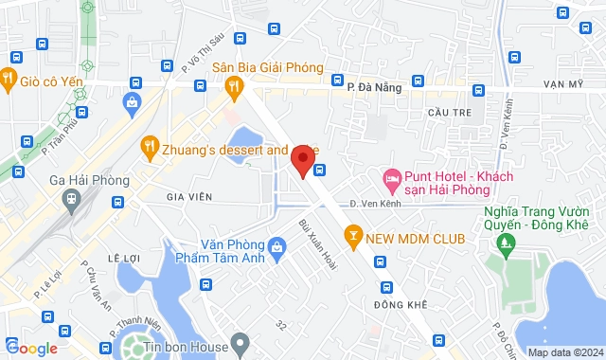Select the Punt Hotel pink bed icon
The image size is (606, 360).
pyautogui.click(x=390, y=177)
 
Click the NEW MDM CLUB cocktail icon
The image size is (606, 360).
pyautogui.click(x=352, y=236)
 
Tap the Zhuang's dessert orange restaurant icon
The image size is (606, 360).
pyautogui.click(x=149, y=146)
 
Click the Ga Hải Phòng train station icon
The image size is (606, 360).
pyautogui.click(x=70, y=198)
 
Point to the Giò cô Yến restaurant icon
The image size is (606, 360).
pyautogui.click(x=8, y=80)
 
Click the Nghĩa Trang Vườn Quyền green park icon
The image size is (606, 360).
pyautogui.click(x=503, y=244)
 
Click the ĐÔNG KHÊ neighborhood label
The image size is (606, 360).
pyautogui.click(x=401, y=304)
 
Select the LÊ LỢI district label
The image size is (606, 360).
pyautogui.click(x=124, y=258)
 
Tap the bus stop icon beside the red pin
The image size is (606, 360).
pyautogui.click(x=320, y=171)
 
